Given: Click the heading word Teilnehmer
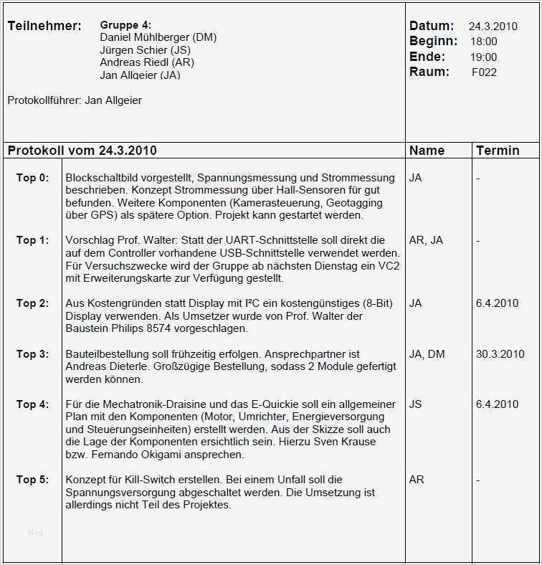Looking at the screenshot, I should [43, 27].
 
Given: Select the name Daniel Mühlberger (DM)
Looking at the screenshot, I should [158, 37].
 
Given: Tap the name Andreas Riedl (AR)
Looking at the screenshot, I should [147, 62].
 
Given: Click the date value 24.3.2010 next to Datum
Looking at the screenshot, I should [493, 27].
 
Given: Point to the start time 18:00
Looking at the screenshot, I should [484, 42].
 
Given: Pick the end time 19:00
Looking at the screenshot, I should [484, 57].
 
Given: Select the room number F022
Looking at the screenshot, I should [484, 72].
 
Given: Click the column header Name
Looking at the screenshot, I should [427, 151].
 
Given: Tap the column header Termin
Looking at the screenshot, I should [498, 151].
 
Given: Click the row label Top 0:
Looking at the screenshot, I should [32, 178].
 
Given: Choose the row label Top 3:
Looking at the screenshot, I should [32, 354].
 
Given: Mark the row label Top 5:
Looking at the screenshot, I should [32, 480].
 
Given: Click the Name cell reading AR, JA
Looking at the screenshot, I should [426, 240].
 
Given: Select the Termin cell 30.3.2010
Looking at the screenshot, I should [500, 354].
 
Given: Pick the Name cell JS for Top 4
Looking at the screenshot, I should [415, 404].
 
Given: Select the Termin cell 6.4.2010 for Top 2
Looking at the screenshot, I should [497, 303].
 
